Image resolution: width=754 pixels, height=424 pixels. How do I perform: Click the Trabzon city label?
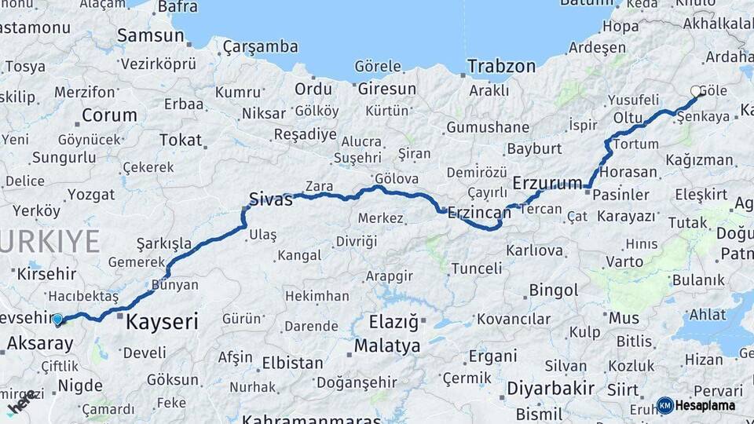click(501, 66)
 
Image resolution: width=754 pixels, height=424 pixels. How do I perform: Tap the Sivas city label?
click(270, 199)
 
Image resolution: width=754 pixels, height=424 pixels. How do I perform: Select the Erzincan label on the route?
click(479, 212)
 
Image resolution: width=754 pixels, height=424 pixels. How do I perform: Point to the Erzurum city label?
click(548, 183)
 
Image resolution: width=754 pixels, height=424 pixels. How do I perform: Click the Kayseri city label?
click(162, 321)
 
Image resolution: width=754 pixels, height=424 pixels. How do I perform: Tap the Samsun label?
click(150, 35)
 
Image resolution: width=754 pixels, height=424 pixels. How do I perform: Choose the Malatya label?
click(387, 345)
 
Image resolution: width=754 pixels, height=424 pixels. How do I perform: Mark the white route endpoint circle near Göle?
click(696, 92)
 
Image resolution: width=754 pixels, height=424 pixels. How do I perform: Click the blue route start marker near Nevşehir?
click(57, 319)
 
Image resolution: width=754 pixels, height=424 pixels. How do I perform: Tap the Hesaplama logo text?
click(705, 405)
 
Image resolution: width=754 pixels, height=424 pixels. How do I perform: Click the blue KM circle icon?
click(664, 405)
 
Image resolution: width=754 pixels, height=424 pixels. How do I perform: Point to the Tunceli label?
click(476, 269)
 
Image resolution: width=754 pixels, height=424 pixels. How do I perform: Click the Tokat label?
click(180, 140)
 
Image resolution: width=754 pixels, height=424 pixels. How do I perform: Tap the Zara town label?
click(319, 186)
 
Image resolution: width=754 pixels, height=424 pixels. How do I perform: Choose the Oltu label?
click(628, 117)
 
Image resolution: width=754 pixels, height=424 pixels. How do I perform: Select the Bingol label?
click(553, 291)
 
